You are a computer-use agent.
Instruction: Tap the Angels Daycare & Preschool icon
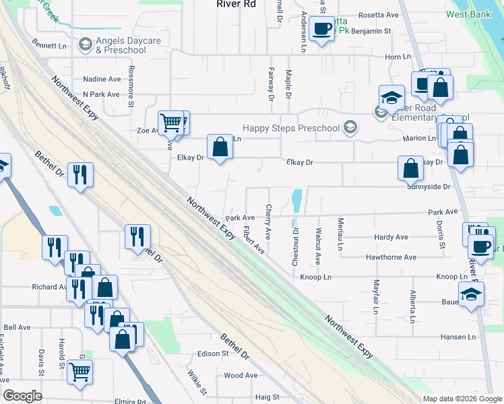[x=85, y=45]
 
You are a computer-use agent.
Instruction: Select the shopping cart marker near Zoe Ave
[x=172, y=123]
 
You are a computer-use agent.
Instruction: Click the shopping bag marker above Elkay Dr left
[x=220, y=147]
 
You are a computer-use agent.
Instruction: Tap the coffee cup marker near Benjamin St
[x=322, y=28]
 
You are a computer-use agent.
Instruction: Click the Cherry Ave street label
[x=268, y=222]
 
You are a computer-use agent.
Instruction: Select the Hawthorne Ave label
[x=391, y=257]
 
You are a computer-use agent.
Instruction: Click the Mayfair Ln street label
[x=375, y=296]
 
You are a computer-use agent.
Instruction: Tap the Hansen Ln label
[x=458, y=337]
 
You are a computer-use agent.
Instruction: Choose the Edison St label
[x=214, y=353]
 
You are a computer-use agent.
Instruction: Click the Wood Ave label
[x=241, y=376]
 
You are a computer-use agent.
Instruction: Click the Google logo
[x=23, y=395]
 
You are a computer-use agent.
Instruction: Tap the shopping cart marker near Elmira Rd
[x=80, y=371]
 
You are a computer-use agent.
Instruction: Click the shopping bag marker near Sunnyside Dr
[x=410, y=169]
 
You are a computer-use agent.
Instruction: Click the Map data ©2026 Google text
[x=462, y=399]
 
